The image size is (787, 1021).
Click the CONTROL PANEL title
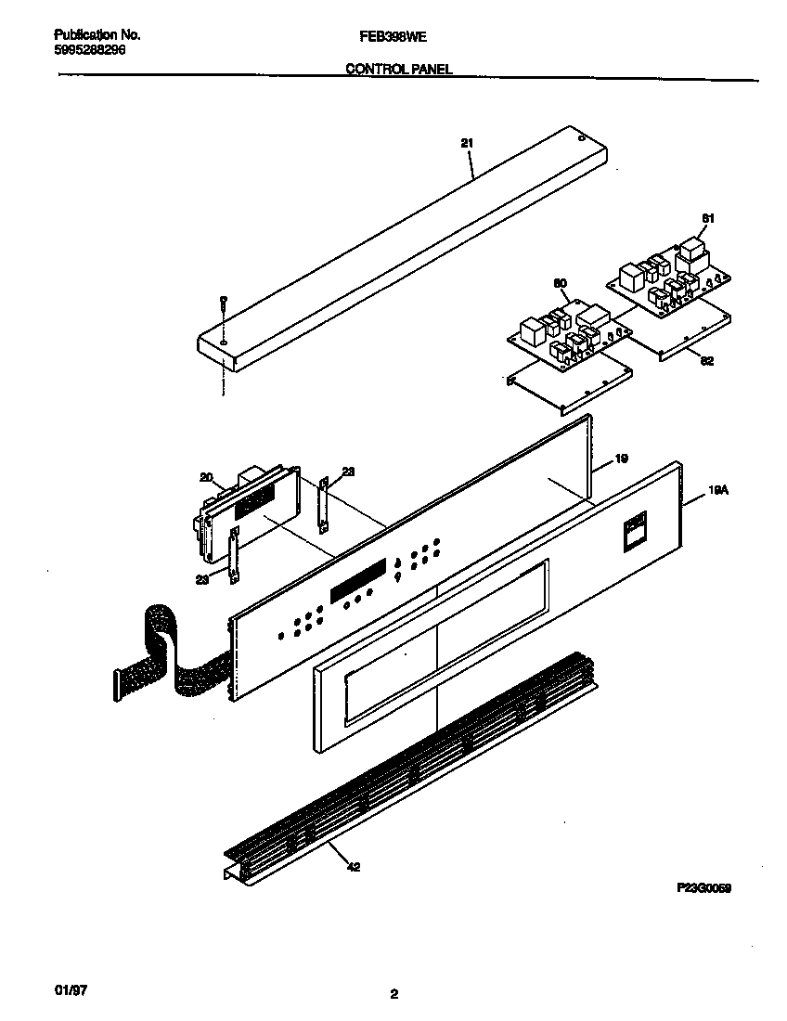[399, 70]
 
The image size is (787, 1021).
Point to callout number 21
[467, 143]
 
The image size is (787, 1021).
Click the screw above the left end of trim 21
[224, 302]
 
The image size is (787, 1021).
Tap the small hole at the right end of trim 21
[581, 140]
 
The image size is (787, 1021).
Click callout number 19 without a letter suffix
[622, 459]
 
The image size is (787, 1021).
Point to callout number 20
[205, 478]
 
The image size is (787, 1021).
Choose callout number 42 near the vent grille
[354, 867]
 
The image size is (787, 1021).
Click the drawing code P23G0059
[704, 888]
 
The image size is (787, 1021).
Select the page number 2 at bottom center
[393, 994]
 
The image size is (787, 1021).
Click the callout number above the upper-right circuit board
[708, 218]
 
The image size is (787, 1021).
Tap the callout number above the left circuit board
[560, 282]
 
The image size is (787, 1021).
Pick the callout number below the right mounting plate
[707, 361]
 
